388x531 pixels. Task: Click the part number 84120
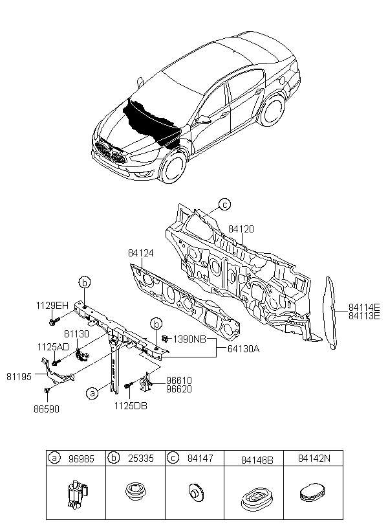[241, 229]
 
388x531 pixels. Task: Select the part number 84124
[141, 253]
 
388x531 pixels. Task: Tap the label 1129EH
[52, 306]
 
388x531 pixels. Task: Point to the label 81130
[77, 334]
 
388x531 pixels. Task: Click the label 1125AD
[54, 347]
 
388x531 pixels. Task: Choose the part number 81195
[19, 377]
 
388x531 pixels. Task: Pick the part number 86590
[47, 409]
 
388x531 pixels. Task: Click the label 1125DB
[131, 406]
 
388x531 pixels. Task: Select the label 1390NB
[189, 339]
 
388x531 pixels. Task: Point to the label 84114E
[364, 307]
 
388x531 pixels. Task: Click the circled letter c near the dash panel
[224, 205]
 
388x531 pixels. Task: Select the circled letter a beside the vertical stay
[92, 393]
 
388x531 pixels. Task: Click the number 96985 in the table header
[81, 459]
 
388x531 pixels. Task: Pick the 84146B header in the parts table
[257, 460]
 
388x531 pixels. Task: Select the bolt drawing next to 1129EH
[54, 321]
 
